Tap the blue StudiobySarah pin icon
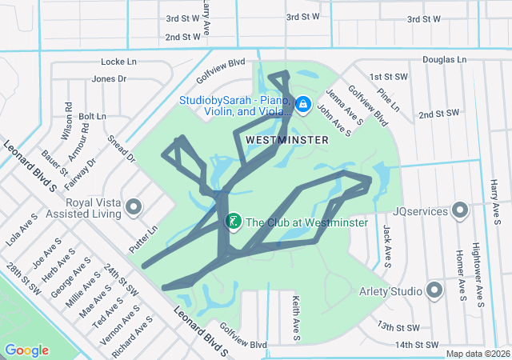[x=303, y=105]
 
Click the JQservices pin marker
[x=460, y=211]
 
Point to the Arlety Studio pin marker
[x=434, y=290]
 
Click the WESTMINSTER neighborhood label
[x=287, y=139]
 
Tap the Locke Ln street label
[x=119, y=62]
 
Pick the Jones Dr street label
[x=109, y=78]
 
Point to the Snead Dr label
[x=122, y=148]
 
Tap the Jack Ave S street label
[x=387, y=245]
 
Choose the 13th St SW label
[x=398, y=327]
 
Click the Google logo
[x=26, y=350]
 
